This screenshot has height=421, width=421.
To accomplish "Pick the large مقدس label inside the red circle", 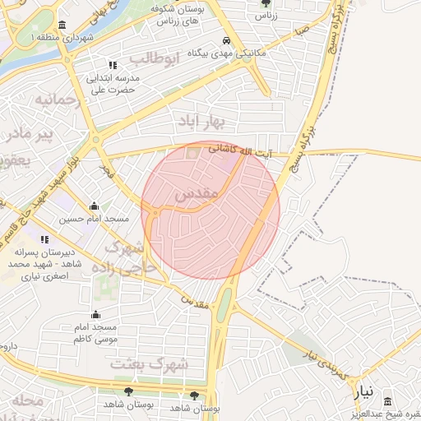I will pyautogui.click(x=197, y=195).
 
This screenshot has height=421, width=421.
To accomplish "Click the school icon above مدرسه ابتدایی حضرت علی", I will pyautogui.click(x=113, y=65).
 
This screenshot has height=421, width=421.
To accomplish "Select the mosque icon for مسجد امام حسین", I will pyautogui.click(x=95, y=206).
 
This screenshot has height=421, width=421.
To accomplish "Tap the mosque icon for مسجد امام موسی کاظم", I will pyautogui.click(x=96, y=314).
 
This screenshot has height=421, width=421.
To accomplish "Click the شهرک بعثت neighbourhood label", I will pyautogui.click(x=150, y=363).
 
